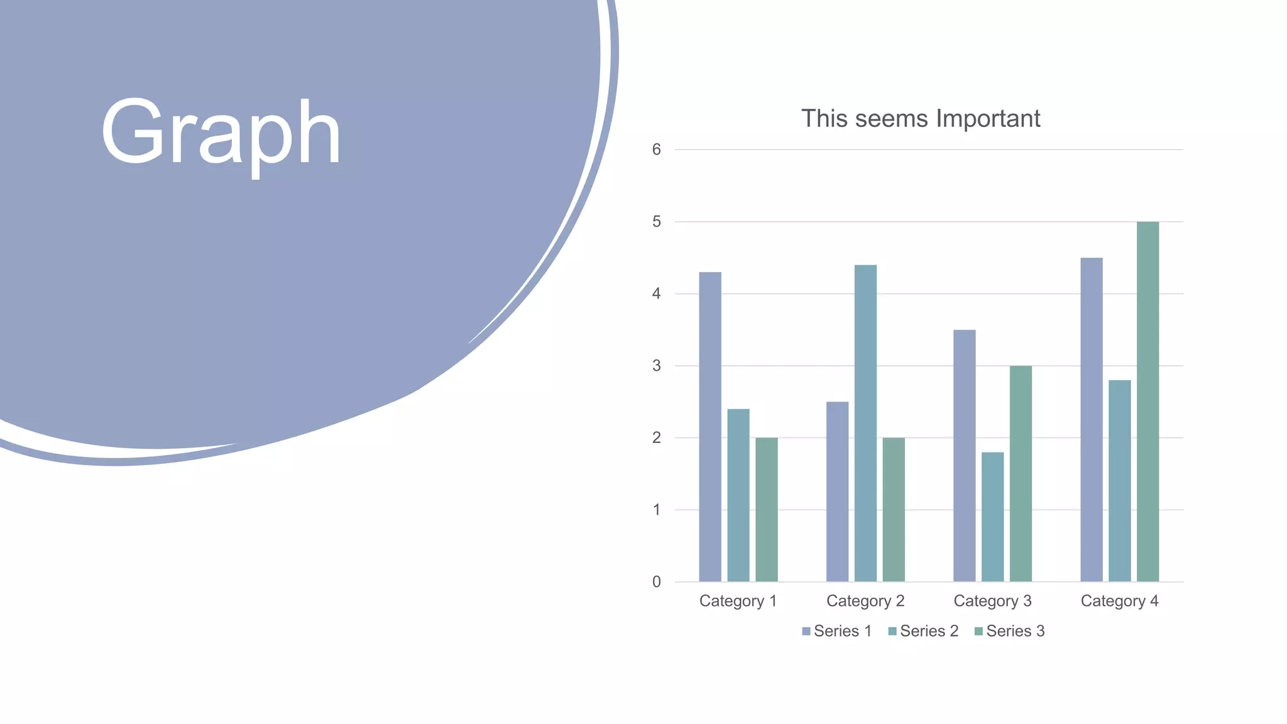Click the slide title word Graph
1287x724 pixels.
click(x=221, y=133)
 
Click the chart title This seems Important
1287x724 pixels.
click(x=920, y=119)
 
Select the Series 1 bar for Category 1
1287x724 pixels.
click(x=710, y=427)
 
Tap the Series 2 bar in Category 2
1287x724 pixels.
click(x=865, y=424)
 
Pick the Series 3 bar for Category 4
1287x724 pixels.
click(x=1147, y=402)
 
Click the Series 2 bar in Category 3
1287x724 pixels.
click(x=992, y=517)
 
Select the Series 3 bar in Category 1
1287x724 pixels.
click(x=766, y=510)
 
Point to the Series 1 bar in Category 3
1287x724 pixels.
click(x=964, y=456)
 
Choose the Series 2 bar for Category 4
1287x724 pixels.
click(x=1119, y=481)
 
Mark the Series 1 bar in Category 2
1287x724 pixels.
click(x=837, y=491)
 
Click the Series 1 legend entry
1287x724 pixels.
click(x=837, y=631)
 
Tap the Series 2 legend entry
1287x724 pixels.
click(x=923, y=631)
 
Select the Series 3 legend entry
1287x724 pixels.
click(x=1009, y=631)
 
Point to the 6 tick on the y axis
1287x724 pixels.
click(x=657, y=150)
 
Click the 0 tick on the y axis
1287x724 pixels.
click(x=657, y=582)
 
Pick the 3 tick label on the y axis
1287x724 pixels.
click(x=657, y=366)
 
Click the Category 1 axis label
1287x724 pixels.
click(x=738, y=601)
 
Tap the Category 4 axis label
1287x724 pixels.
click(x=1119, y=601)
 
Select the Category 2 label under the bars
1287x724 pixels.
click(x=865, y=601)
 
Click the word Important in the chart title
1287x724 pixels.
click(x=988, y=119)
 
